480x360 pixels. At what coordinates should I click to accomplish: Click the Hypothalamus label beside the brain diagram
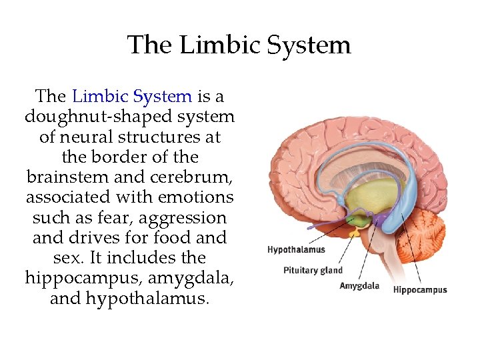[x=296, y=250]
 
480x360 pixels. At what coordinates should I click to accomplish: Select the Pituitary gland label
[x=313, y=270]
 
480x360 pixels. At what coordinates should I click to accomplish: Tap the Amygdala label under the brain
[x=359, y=286]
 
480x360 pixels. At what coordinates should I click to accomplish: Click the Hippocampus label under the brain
[x=420, y=289]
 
